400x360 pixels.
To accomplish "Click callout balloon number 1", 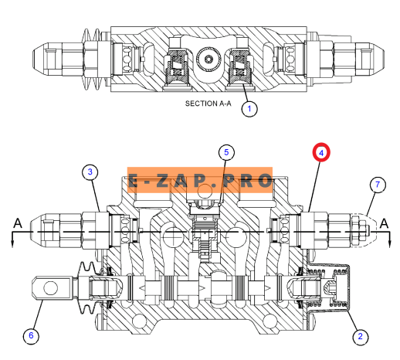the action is click(249, 109).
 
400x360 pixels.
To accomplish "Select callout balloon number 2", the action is click(360, 336).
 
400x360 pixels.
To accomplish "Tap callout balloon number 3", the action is click(90, 172).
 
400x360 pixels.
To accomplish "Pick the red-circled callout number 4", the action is click(321, 153).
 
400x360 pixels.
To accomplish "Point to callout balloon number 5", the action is click(226, 152).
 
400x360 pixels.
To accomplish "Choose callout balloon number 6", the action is click(31, 335).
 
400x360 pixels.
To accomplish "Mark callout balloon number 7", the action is click(378, 185).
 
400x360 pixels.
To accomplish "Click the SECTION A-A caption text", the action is click(208, 104).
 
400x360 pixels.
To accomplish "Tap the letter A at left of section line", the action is click(18, 223).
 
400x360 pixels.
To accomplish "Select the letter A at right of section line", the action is click(384, 223).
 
